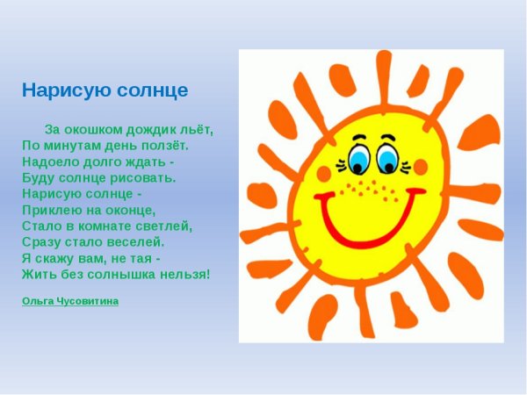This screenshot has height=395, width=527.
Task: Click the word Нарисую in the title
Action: [x=58, y=90]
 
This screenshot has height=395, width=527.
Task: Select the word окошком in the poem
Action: [x=93, y=129]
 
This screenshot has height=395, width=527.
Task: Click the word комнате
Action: [x=102, y=226]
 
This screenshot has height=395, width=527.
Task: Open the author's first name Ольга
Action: [x=37, y=301]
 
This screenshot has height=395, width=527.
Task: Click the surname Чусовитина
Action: [x=87, y=301]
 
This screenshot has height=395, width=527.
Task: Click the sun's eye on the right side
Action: [x=386, y=158]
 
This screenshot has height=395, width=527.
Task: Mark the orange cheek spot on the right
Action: [x=420, y=167]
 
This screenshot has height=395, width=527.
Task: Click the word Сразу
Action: [x=40, y=241]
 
